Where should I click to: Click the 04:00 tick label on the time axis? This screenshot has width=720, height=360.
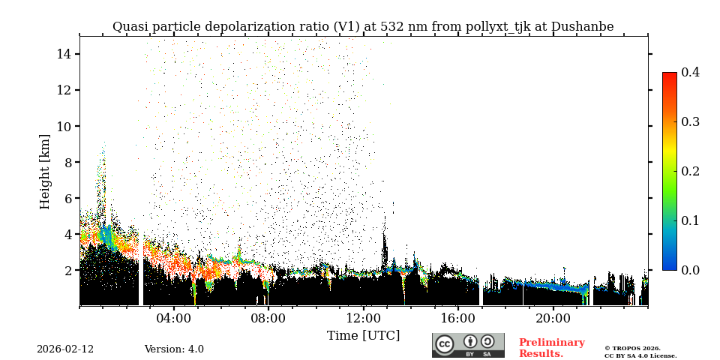point(173,318)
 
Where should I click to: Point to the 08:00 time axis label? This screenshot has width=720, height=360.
point(268,318)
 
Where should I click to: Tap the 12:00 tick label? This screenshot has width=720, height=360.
point(363,318)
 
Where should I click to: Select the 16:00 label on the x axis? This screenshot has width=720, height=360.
point(457,318)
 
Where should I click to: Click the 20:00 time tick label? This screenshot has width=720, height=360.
point(553,318)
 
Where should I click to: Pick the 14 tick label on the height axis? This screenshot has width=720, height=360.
point(63,54)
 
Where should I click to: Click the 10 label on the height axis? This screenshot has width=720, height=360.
point(63,126)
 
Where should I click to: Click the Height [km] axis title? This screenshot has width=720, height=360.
point(45,171)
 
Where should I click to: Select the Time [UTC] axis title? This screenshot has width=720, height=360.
point(363,335)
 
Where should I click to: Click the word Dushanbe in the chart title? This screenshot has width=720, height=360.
point(582,27)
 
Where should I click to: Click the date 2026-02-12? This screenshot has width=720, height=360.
point(65,349)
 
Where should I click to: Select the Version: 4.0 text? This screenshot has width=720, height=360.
point(174,349)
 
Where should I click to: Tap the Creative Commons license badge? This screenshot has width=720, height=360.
point(468,345)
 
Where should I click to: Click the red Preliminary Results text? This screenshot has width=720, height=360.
point(551,348)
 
